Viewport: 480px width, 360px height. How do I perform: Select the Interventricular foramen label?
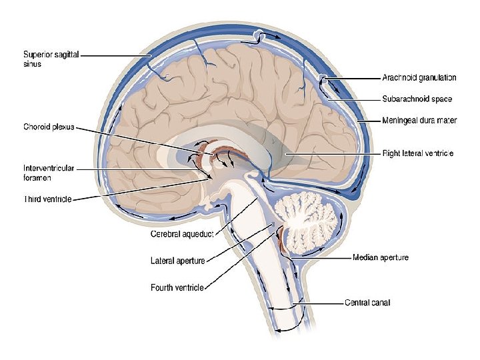[x=47, y=173]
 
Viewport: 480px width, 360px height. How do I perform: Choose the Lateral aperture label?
[x=177, y=261]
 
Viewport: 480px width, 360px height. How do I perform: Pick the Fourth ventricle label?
[x=177, y=288]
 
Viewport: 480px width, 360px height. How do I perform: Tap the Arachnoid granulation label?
[x=419, y=77]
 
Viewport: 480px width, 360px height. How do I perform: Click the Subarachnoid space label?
[x=417, y=99]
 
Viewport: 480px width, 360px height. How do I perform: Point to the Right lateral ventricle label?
[x=418, y=153]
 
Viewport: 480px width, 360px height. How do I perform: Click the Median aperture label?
[x=380, y=257]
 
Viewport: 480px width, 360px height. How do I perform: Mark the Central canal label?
[x=367, y=303]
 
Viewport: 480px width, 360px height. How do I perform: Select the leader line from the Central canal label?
[x=320, y=303]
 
